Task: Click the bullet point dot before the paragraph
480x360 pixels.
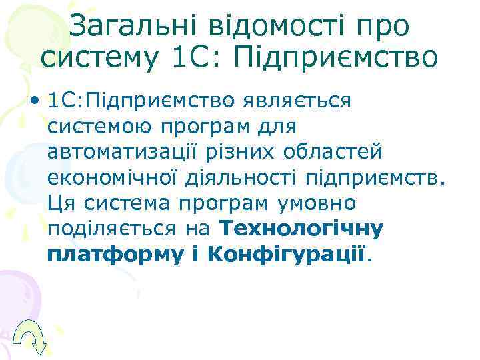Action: (33, 101)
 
